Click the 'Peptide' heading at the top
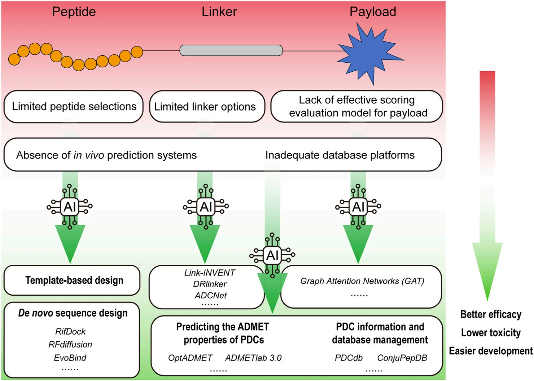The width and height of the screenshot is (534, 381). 74,12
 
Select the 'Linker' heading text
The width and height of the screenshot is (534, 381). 219,12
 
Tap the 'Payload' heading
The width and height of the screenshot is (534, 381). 373,12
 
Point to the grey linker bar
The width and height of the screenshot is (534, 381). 231,50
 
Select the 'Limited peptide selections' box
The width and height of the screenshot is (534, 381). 74,107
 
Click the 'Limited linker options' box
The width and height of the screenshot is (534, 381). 205,107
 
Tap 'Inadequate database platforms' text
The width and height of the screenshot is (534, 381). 340,155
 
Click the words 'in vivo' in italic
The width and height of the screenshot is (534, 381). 89,155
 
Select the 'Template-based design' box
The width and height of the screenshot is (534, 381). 74,280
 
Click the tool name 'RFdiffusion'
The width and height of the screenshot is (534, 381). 70,345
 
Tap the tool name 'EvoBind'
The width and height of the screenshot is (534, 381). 70,358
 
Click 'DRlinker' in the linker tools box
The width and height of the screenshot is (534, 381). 210,284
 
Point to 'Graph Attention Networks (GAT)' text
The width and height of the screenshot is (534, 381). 362,281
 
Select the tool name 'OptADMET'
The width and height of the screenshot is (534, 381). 190,358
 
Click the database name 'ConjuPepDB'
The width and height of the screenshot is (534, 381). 402,358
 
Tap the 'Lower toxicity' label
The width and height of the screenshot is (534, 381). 491,333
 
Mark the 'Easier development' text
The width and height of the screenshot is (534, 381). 491,351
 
